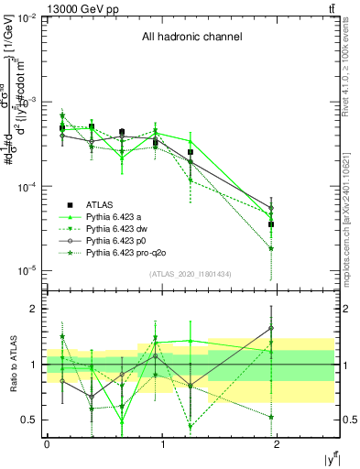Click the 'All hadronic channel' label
(x=191, y=38)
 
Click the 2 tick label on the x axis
(x=279, y=443)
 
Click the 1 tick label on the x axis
(x=163, y=443)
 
